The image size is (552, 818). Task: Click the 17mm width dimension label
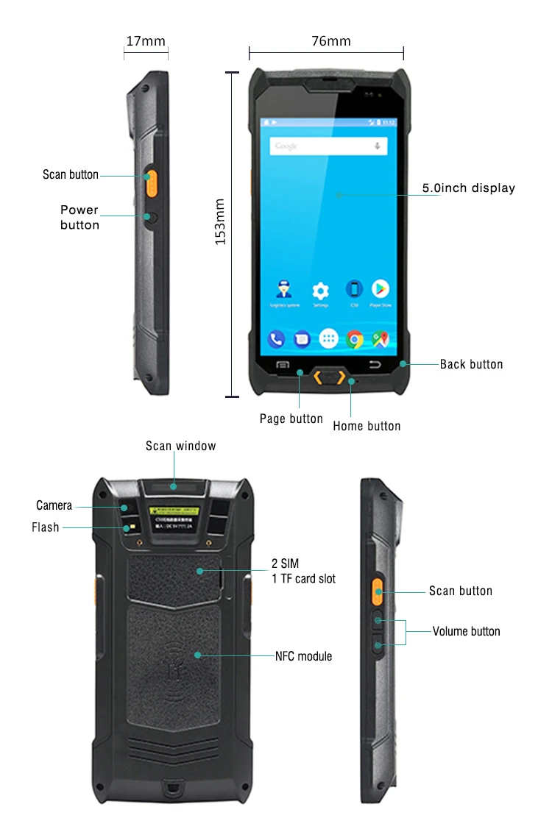146,41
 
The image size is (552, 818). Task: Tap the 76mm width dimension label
331,41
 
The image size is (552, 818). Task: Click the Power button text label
79,218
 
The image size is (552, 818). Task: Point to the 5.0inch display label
468,188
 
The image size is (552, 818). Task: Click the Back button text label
471,364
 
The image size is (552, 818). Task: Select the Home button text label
367,426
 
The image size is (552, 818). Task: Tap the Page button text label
291,419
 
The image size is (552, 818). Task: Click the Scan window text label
180,446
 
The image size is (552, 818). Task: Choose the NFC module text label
303,656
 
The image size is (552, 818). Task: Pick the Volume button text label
466,631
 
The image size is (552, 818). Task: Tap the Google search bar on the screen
328,146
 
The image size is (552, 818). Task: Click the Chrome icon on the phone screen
355,339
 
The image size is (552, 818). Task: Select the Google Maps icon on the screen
381,339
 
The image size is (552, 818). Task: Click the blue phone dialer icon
277,339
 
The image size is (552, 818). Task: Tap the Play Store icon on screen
380,289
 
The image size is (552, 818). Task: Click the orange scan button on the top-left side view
150,181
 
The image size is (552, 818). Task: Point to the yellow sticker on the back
175,510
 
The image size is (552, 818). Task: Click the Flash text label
45,527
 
